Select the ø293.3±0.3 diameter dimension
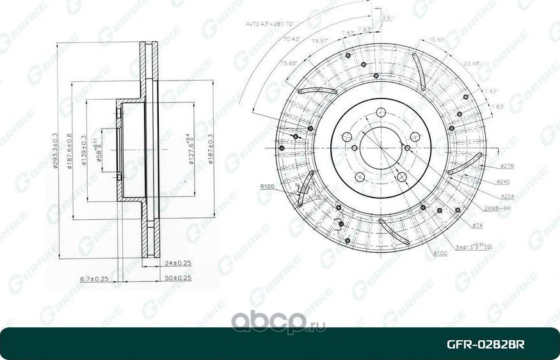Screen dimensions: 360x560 point(58,151)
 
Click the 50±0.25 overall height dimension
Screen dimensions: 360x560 point(179,278)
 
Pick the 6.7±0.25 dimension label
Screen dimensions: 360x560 point(93,279)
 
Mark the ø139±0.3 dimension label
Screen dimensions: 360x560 point(84,151)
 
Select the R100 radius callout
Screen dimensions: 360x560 point(267,187)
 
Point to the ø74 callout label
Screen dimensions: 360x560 point(477,225)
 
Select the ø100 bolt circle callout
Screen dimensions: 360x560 point(440,253)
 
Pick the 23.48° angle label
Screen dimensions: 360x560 point(472,63)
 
